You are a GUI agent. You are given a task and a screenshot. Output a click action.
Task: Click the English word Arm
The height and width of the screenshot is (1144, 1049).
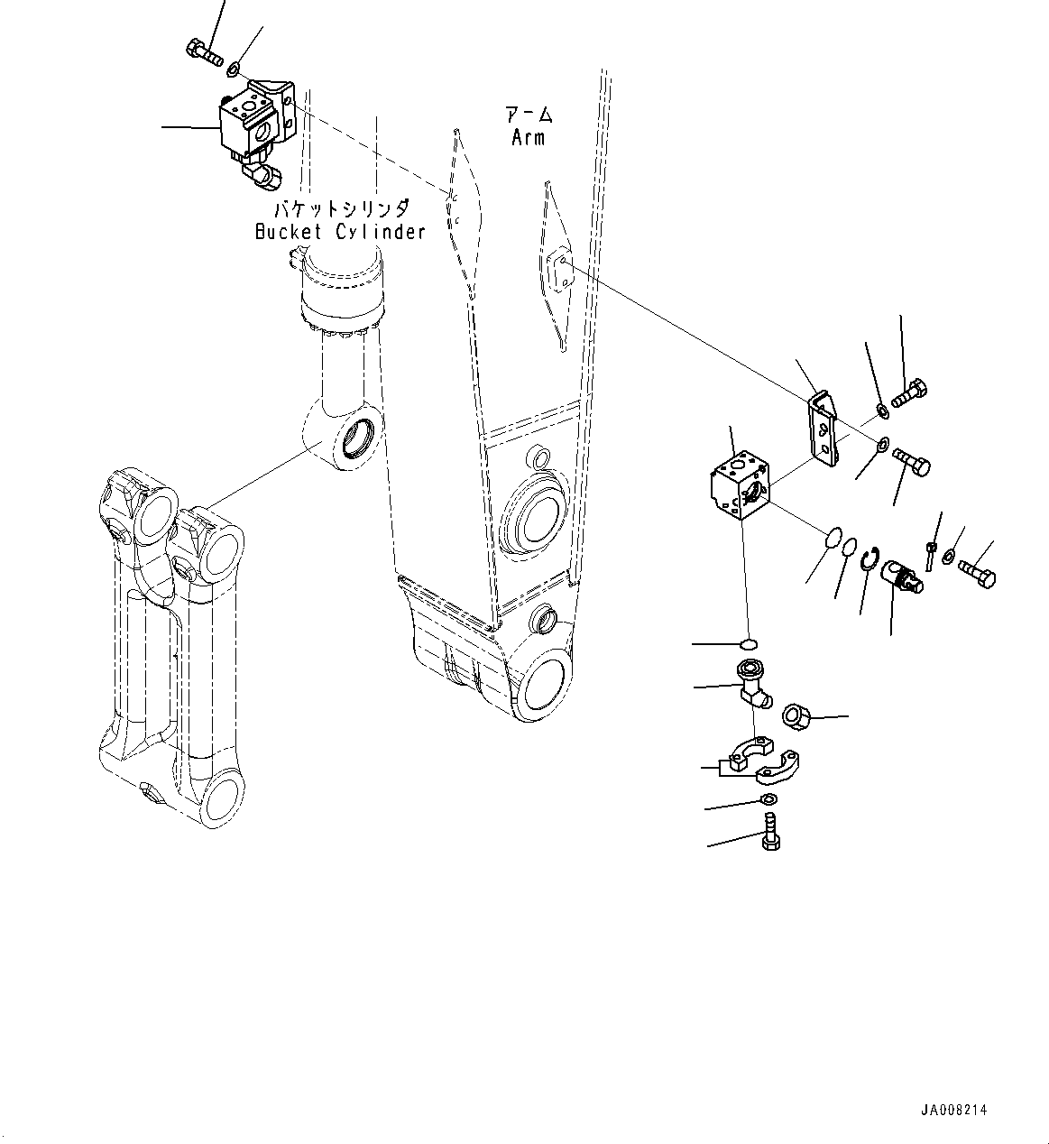click(x=528, y=137)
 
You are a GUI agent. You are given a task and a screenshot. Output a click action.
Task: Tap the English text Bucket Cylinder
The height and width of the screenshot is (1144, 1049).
click(x=339, y=232)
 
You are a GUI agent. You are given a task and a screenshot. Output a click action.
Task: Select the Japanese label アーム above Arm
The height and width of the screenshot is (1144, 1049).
click(x=529, y=115)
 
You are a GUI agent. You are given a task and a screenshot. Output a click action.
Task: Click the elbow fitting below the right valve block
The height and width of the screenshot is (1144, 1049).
click(x=749, y=685)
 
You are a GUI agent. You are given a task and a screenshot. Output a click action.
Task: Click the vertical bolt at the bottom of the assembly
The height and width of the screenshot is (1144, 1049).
click(x=769, y=831)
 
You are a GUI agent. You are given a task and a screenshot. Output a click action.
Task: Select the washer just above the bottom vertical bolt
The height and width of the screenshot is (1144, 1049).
click(x=768, y=800)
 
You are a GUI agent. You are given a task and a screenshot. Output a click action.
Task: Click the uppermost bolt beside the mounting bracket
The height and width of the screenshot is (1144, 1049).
click(x=912, y=393)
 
